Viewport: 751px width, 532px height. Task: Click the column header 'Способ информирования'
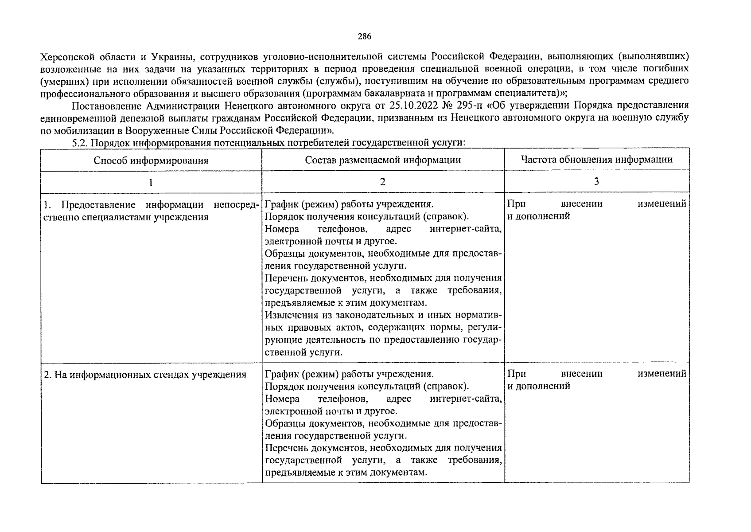[151, 160]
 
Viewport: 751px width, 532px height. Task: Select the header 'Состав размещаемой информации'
[383, 160]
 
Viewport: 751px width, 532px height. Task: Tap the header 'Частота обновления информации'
[596, 160]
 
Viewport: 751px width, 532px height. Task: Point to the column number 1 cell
[151, 182]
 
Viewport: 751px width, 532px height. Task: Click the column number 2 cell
[383, 182]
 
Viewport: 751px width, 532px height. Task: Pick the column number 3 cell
[596, 181]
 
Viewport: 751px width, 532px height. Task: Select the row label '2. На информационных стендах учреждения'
[145, 375]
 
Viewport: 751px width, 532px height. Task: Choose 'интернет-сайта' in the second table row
[465, 399]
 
